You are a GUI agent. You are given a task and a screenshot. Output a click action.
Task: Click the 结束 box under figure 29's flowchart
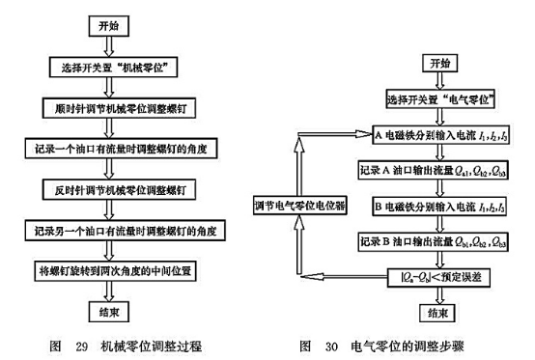[109, 312]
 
